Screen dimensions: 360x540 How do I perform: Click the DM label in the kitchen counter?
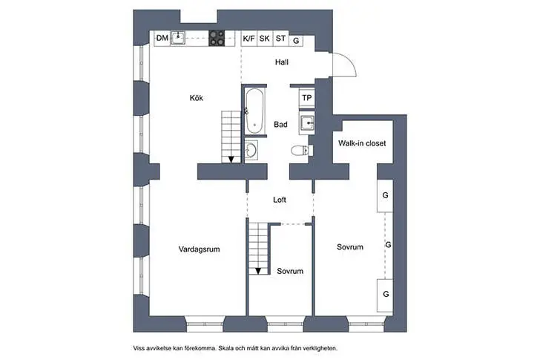162,38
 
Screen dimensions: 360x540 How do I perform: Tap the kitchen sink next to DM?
178,38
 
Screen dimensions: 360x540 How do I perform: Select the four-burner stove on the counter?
217,38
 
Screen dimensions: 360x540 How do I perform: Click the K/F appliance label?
248,38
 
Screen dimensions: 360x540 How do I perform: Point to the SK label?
264,38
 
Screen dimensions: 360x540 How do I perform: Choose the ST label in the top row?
280,38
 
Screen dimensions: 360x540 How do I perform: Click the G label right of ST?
296,41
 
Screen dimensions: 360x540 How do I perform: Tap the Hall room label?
281,62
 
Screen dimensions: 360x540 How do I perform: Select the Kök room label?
196,98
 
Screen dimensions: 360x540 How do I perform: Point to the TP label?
306,97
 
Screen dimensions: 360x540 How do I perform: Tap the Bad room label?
280,125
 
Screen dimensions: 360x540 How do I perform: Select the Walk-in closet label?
362,143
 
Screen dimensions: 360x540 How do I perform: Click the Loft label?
280,200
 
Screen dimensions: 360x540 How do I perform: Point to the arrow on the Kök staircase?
231,158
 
